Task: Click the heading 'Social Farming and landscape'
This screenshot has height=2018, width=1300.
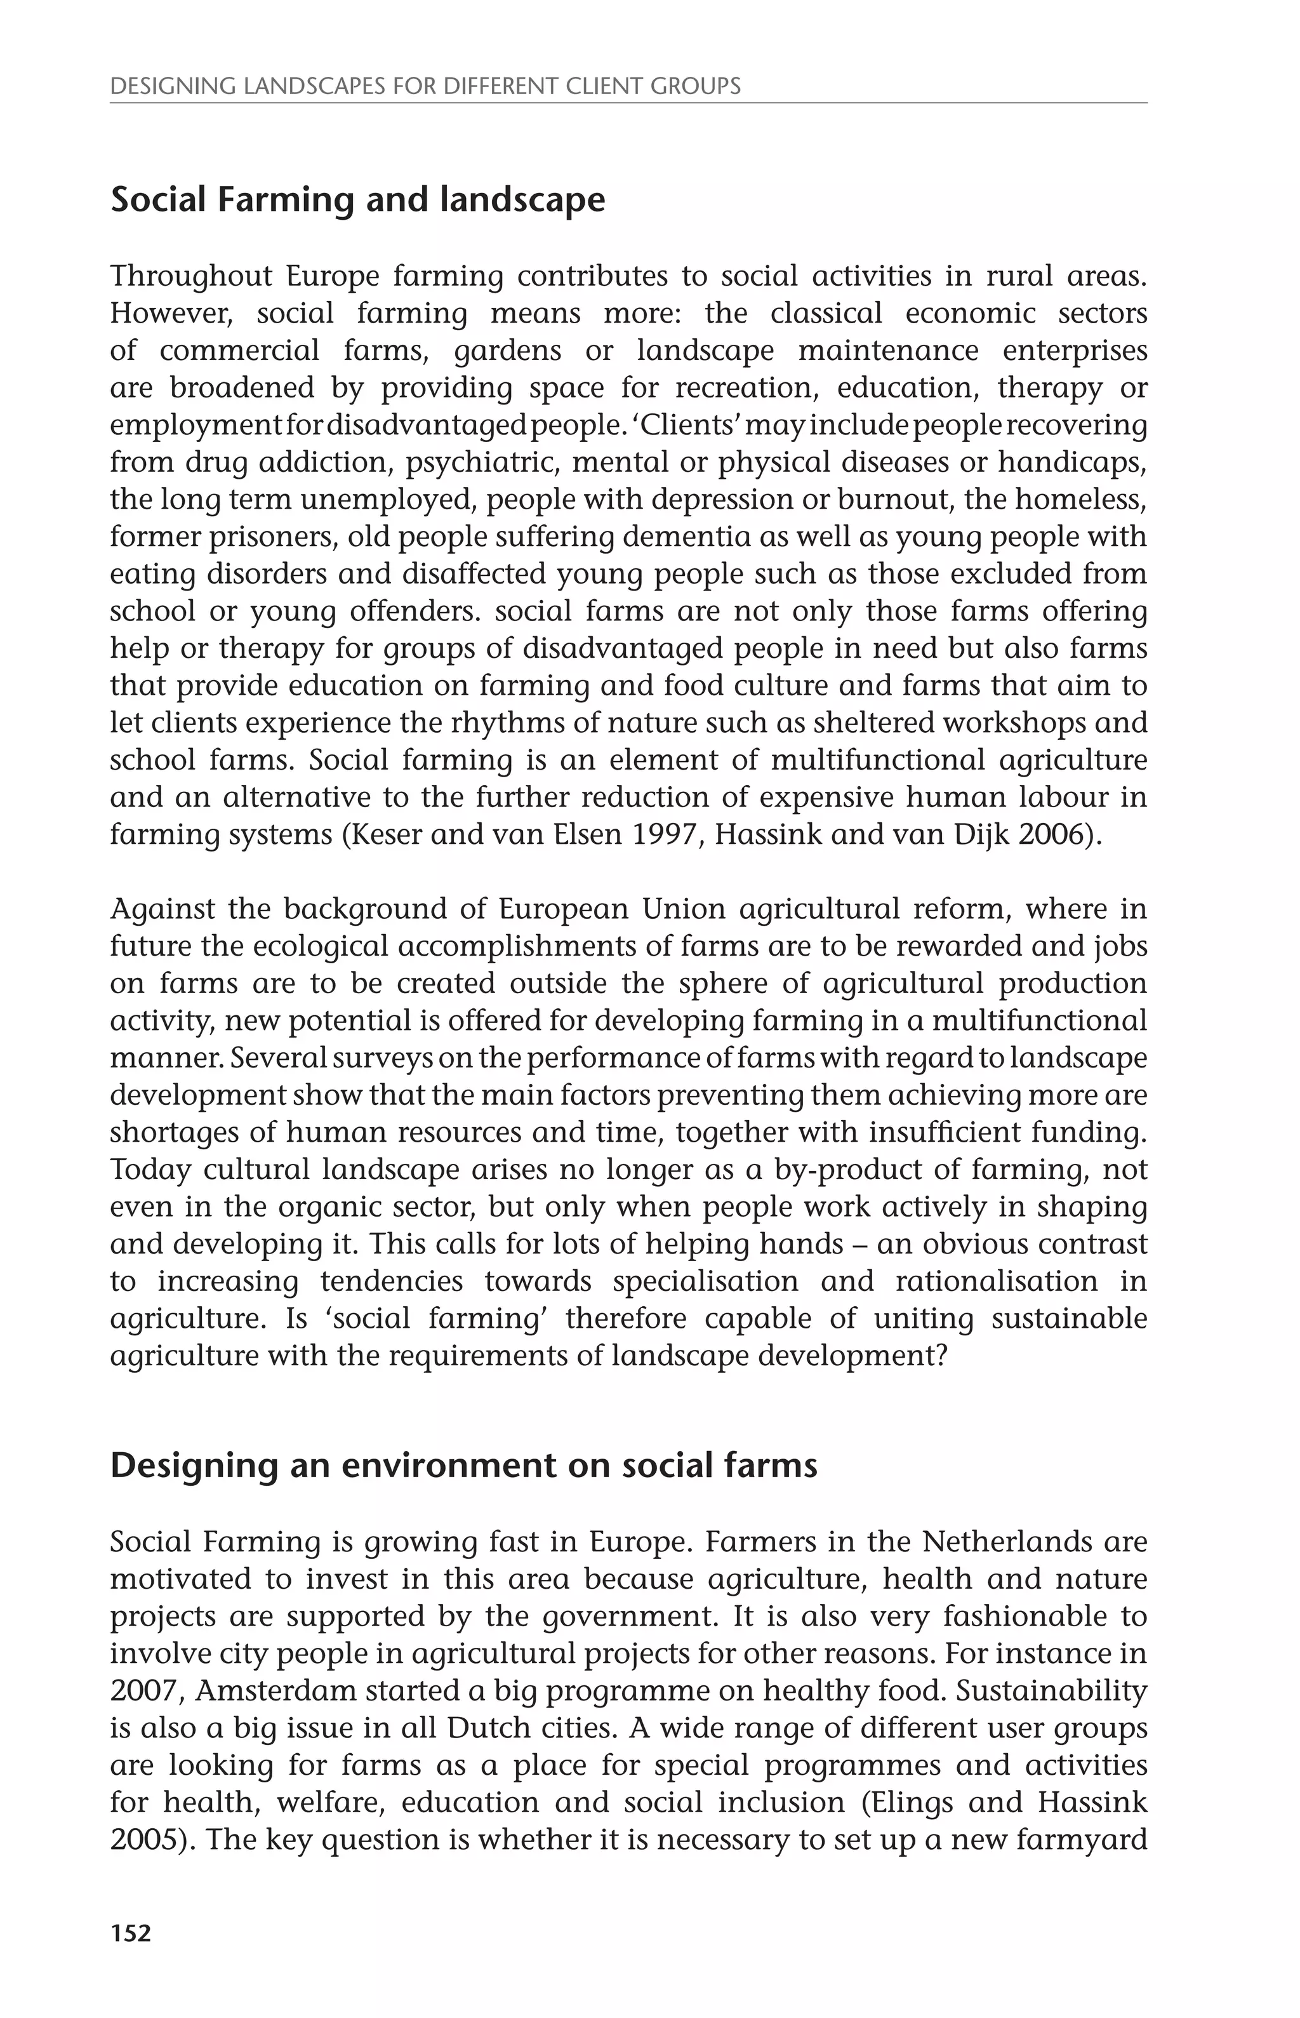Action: tap(358, 200)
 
